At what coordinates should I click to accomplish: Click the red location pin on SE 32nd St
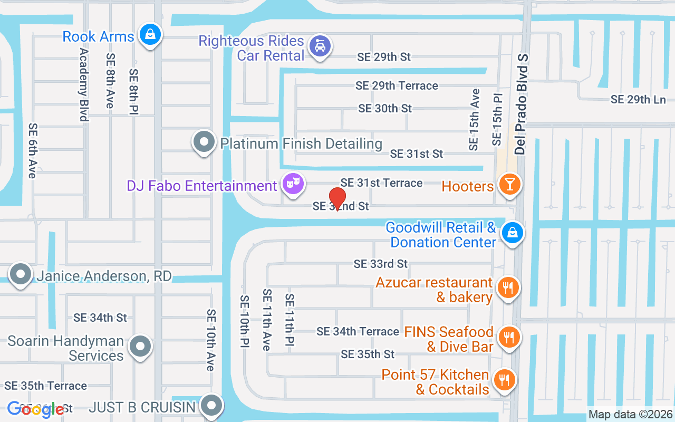coord(337,198)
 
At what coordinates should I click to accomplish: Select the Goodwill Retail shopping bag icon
coord(511,232)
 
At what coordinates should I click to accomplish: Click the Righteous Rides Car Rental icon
coord(320,46)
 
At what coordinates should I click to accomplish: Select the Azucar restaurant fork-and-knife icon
coord(508,287)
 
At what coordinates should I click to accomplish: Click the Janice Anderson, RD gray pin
coord(21,274)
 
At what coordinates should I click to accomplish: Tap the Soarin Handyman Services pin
coord(140,347)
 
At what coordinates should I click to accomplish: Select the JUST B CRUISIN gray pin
coord(212,406)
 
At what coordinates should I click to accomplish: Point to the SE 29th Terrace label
coord(397,85)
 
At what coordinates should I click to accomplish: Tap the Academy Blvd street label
coord(83,84)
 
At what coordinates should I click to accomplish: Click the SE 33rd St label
coord(381,263)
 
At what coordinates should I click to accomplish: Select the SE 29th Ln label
coord(638,99)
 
